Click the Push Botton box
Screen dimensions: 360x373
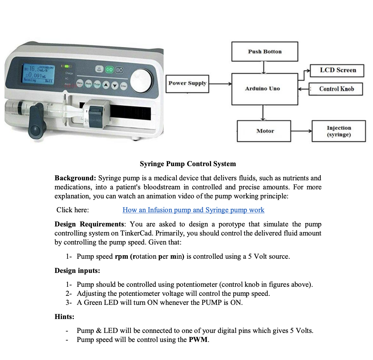(x=265, y=52)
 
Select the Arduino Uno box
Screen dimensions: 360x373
(x=265, y=89)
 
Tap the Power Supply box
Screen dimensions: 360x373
(x=187, y=84)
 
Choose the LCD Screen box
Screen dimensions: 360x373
(x=337, y=70)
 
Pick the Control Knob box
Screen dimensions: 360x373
(x=336, y=89)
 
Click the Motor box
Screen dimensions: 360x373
(x=264, y=131)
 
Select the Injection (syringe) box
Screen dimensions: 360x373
(x=338, y=131)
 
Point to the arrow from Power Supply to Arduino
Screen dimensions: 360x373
(x=220, y=84)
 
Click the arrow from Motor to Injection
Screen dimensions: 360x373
(x=301, y=131)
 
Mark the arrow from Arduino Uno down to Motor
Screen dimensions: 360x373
(x=263, y=113)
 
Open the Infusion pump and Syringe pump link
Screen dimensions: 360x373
(x=193, y=210)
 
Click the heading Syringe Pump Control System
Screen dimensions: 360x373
(x=188, y=164)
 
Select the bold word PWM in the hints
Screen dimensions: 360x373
(x=198, y=340)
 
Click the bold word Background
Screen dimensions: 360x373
(x=75, y=178)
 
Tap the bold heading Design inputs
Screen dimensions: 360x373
(x=77, y=271)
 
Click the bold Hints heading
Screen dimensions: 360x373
(x=64, y=317)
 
